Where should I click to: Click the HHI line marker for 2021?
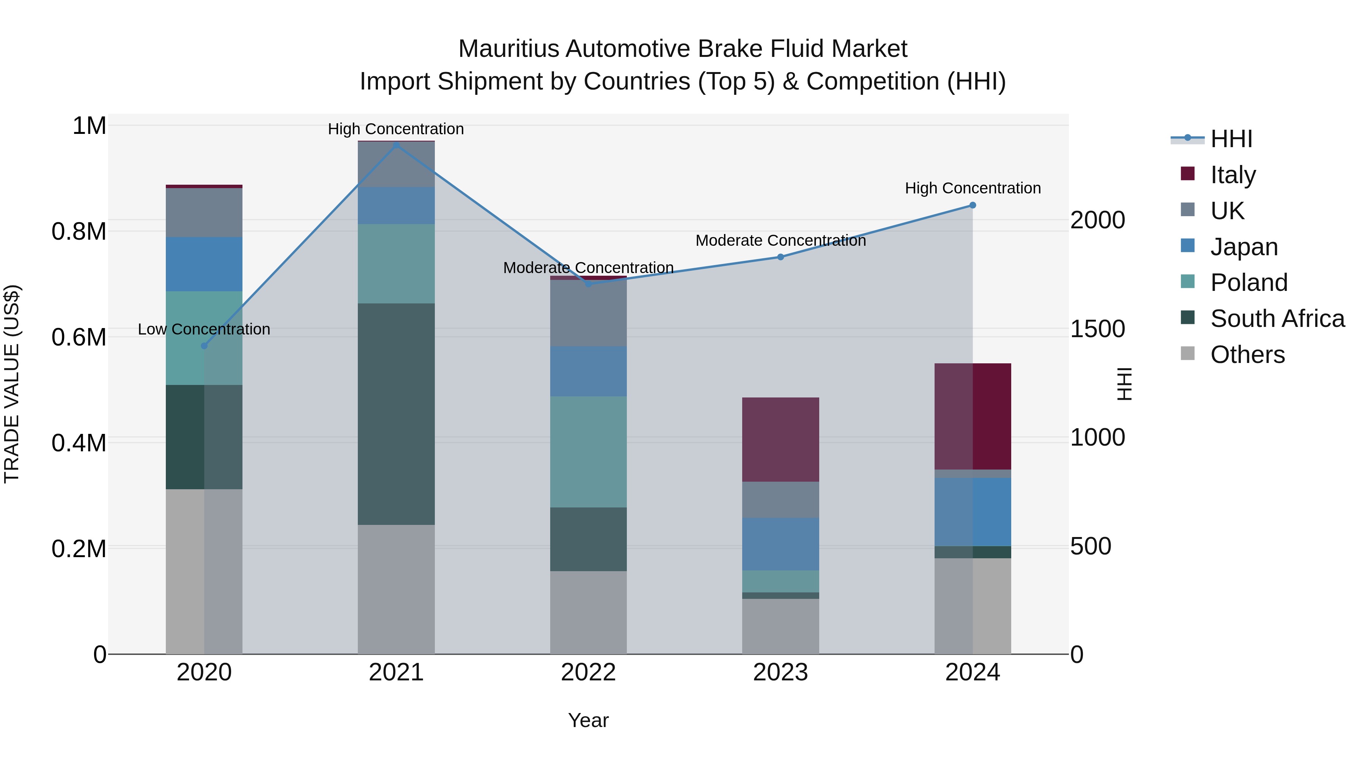click(x=396, y=145)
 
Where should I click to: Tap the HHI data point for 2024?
click(x=973, y=205)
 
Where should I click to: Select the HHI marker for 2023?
click(x=781, y=257)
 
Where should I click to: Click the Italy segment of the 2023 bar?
click(x=781, y=440)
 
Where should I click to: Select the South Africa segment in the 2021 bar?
click(x=396, y=414)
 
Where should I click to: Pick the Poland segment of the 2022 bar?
click(x=588, y=452)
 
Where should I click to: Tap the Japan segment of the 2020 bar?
click(x=204, y=264)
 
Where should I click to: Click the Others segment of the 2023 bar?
click(x=781, y=627)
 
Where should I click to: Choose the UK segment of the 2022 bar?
click(x=588, y=313)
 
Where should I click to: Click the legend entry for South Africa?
click(x=1277, y=319)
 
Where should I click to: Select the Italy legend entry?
click(x=1233, y=174)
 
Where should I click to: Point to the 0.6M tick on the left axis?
click(x=79, y=337)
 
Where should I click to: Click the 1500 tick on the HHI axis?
click(x=1097, y=329)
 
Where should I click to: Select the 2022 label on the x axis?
click(x=588, y=672)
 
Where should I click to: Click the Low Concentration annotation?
click(x=204, y=329)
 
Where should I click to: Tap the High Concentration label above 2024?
click(x=973, y=188)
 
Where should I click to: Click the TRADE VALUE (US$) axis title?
click(x=12, y=384)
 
